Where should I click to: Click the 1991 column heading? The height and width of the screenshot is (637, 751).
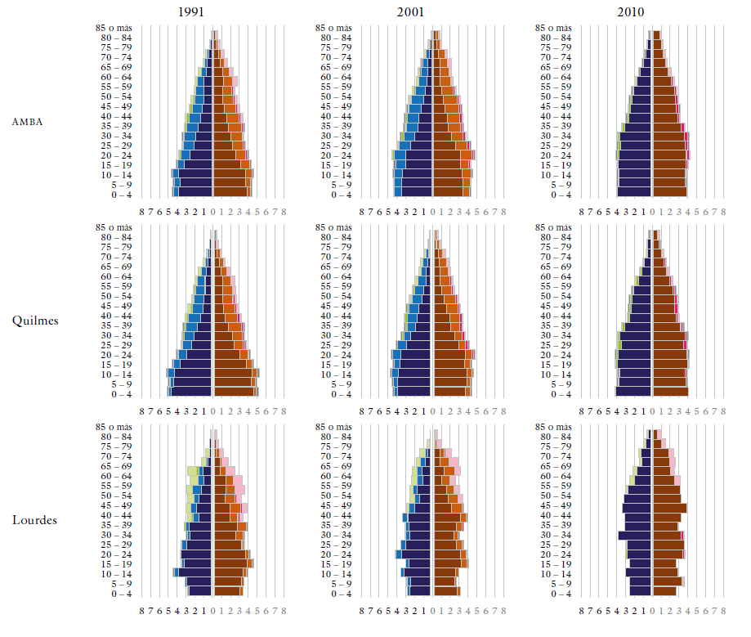[193, 12]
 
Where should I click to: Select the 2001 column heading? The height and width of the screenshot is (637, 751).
[412, 12]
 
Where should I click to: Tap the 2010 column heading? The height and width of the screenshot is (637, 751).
[631, 12]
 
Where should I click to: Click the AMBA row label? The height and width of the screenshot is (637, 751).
[27, 122]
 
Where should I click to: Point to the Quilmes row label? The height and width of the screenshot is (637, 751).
[35, 321]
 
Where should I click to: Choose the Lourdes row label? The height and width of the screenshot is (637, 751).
[35, 520]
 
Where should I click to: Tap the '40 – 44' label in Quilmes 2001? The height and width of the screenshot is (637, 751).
[337, 316]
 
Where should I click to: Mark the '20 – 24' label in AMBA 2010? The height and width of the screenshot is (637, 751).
[556, 155]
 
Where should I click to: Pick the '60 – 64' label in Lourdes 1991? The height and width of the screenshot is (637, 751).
[117, 476]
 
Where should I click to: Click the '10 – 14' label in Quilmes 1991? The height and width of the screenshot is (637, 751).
[117, 375]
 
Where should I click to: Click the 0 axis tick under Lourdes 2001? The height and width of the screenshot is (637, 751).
[434, 610]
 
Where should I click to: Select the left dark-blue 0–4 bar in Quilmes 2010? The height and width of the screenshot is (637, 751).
[633, 394]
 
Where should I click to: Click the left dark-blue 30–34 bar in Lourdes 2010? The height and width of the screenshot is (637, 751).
[635, 535]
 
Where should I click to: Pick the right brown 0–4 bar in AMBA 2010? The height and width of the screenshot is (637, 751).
[669, 195]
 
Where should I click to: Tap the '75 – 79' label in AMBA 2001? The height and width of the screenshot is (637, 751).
[337, 47]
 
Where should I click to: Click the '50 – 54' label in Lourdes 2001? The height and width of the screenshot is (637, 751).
[337, 496]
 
